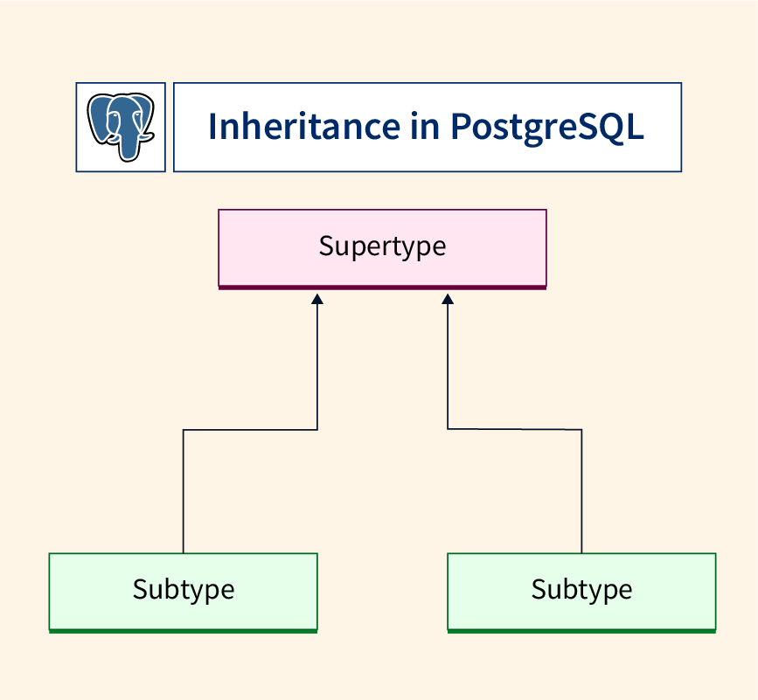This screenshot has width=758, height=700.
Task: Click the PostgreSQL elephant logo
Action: tap(121, 127)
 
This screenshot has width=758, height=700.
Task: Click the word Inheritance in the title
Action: tap(304, 126)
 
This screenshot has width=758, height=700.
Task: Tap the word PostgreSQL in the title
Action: tap(546, 128)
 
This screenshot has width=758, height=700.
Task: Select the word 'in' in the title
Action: tap(425, 126)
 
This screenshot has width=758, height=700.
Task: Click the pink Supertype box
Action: tap(382, 249)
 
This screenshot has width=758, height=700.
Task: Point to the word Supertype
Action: tap(382, 246)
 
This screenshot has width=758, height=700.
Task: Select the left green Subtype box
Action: tap(184, 593)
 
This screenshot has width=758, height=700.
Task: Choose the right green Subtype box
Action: tap(581, 593)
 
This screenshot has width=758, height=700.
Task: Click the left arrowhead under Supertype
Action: tap(317, 299)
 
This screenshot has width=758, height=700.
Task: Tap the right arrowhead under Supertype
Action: tap(448, 299)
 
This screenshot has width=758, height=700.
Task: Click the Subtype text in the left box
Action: tap(184, 590)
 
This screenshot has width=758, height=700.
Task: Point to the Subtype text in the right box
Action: tap(581, 590)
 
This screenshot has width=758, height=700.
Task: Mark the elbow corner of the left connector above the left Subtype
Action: tap(184, 429)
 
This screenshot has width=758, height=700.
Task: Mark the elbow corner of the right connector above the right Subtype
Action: tap(581, 429)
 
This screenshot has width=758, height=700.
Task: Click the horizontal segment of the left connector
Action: tap(250, 429)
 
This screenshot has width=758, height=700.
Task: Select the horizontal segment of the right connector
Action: tap(514, 429)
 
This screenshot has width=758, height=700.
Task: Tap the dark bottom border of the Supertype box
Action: tap(382, 288)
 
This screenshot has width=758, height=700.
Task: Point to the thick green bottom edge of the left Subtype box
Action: tap(184, 631)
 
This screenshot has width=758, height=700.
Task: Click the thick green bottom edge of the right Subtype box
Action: tap(581, 631)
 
